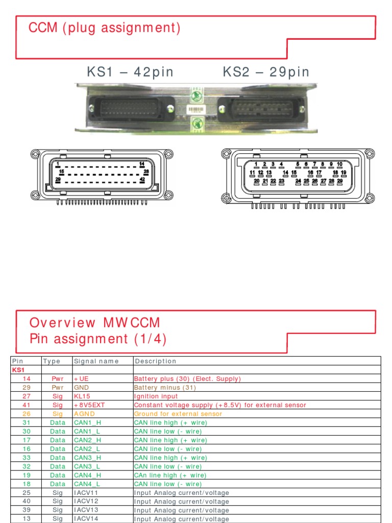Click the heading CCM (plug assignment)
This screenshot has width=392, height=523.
pos(105,28)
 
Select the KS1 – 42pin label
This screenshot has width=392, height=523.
pos(130,72)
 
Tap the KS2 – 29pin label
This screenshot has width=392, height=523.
pos(266,72)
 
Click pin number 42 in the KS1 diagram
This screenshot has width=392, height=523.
pos(142,180)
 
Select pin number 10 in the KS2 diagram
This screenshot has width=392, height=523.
pos(339,164)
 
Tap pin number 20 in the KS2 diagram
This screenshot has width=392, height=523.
pos(257,181)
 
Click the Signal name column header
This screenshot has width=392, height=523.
pos(96,361)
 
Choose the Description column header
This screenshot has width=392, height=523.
pos(156,361)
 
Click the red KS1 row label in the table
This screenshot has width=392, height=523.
pos(18,370)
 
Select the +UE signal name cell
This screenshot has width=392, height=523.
pos(82,378)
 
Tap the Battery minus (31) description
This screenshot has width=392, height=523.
pos(162,387)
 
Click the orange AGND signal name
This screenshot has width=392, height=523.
pos(85,413)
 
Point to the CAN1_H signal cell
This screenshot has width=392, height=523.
pos(87,422)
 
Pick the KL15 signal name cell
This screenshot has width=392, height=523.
pos(83,396)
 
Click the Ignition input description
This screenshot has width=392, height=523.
pos(156,396)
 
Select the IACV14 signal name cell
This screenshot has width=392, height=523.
pos(86,518)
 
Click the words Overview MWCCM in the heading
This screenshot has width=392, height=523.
pos(95,323)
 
